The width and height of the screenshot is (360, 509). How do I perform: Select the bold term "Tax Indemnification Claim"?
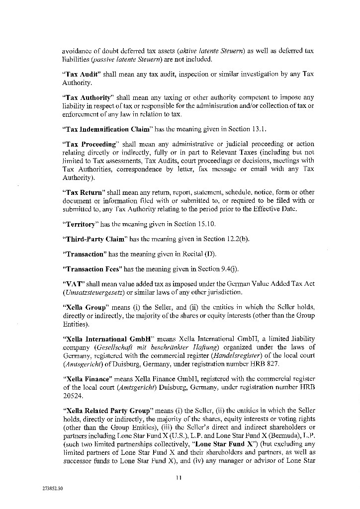tap(107, 129)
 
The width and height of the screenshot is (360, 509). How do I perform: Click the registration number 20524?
tap(71, 396)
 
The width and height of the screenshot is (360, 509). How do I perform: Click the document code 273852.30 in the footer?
tap(53, 489)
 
